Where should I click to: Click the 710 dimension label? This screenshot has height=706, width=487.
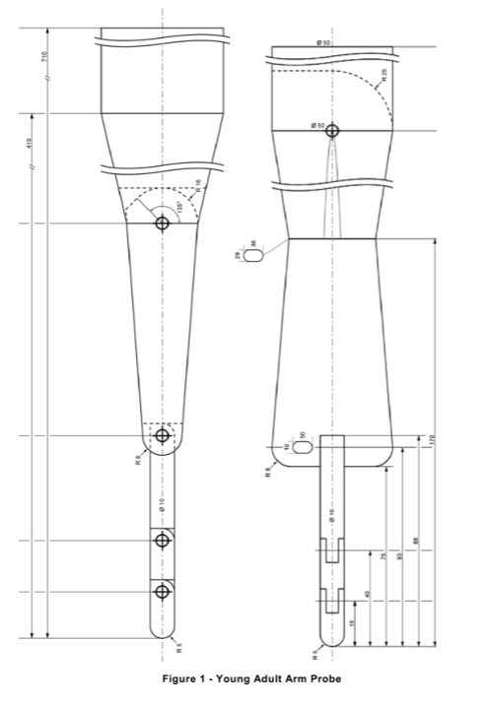click(x=44, y=57)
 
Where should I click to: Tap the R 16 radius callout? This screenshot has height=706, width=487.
click(x=198, y=184)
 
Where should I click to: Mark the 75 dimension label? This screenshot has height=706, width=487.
click(x=383, y=559)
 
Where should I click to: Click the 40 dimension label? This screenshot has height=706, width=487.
click(x=368, y=595)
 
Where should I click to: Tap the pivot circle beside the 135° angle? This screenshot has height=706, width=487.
click(x=163, y=224)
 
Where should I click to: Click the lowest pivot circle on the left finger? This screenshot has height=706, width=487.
click(x=163, y=591)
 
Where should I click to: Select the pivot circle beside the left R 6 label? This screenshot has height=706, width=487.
click(x=163, y=435)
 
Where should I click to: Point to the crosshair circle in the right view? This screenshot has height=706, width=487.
click(x=333, y=130)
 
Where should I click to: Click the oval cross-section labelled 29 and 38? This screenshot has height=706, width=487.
click(x=254, y=255)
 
